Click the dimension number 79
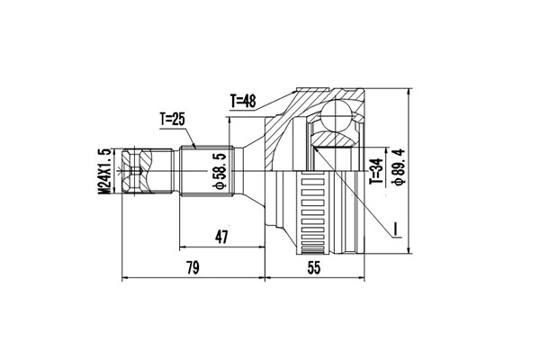pos(191,267)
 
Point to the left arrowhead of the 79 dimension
pos(124,278)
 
